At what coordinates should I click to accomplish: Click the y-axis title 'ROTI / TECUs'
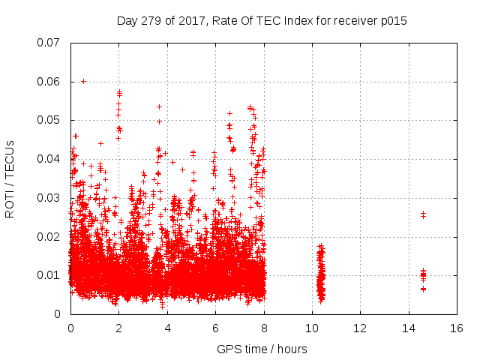(10, 178)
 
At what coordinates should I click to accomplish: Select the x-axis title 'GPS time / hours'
(262, 349)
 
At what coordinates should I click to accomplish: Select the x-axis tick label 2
(118, 328)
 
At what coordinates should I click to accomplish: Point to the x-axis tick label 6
(215, 328)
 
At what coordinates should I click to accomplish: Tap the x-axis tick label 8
(263, 328)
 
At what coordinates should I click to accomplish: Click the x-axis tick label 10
(312, 328)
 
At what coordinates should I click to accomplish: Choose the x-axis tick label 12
(360, 328)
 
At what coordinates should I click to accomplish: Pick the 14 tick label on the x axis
(408, 328)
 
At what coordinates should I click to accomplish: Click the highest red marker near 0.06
(83, 81)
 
